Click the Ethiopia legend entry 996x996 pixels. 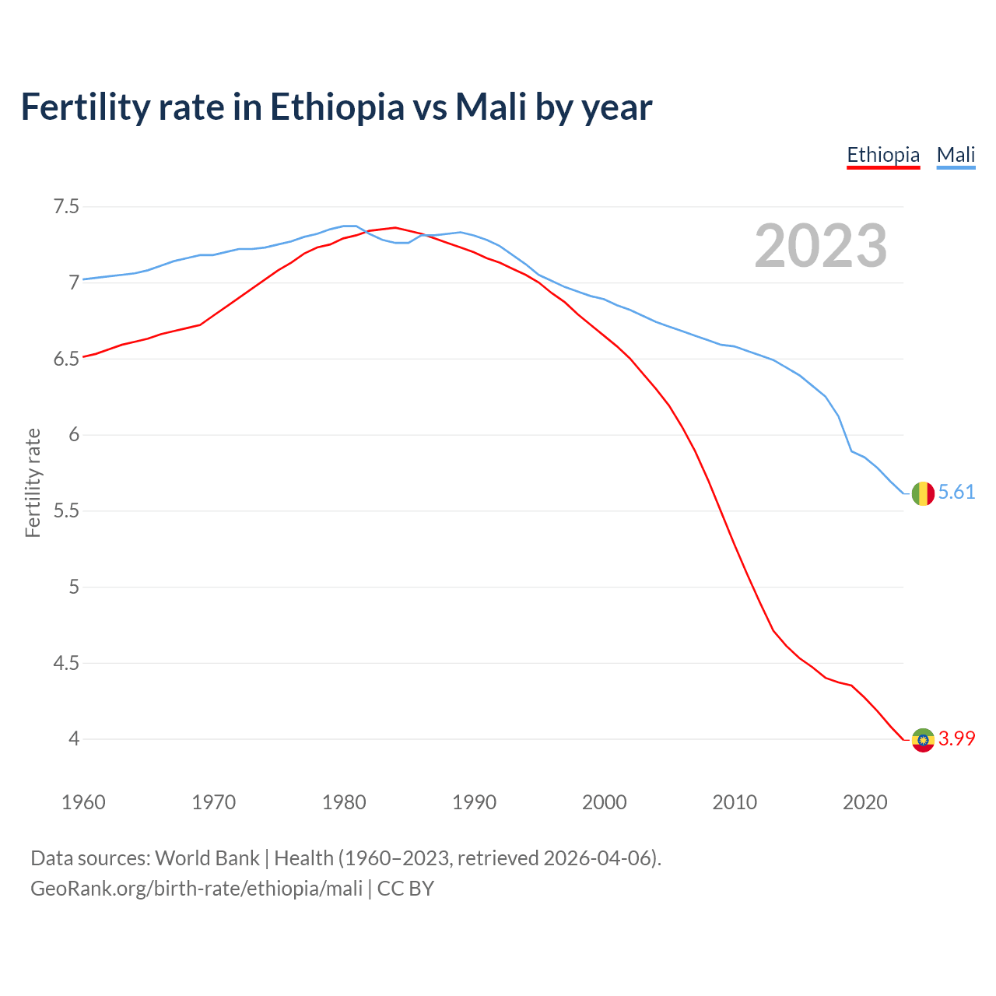(883, 155)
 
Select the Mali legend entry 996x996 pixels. (956, 155)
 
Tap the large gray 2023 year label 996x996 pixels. (821, 246)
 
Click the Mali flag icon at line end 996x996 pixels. (923, 493)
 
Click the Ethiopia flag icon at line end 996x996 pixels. (923, 739)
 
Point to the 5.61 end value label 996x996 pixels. (956, 493)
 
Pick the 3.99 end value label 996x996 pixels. (956, 738)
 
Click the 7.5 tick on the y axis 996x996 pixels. (66, 207)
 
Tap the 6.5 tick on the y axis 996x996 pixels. (66, 359)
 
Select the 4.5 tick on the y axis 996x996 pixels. (66, 664)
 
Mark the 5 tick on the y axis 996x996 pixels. (74, 587)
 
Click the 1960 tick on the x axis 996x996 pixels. (83, 802)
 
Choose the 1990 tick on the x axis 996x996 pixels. (474, 802)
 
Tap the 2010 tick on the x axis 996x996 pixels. (735, 802)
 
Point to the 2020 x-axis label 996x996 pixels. (864, 802)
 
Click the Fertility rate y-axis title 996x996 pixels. (33, 482)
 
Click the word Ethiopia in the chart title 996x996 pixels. (338, 107)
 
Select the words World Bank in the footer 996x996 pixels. (207, 858)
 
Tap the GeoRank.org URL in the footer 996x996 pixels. (196, 889)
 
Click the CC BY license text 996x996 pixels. (405, 889)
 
